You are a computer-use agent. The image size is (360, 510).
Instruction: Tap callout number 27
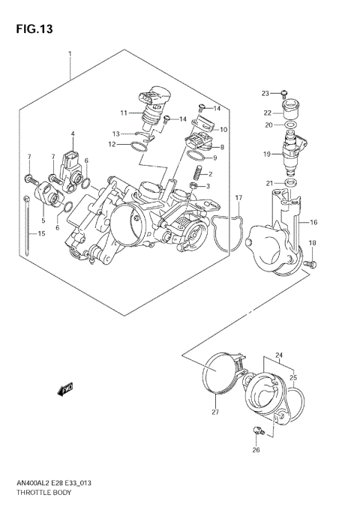coord(214,412)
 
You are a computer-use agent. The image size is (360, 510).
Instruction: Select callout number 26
coord(256,451)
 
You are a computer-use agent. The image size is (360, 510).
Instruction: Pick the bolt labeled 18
coord(312,263)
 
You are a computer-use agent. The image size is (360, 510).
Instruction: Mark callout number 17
coord(238,198)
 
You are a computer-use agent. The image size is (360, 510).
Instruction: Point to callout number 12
coord(111,144)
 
